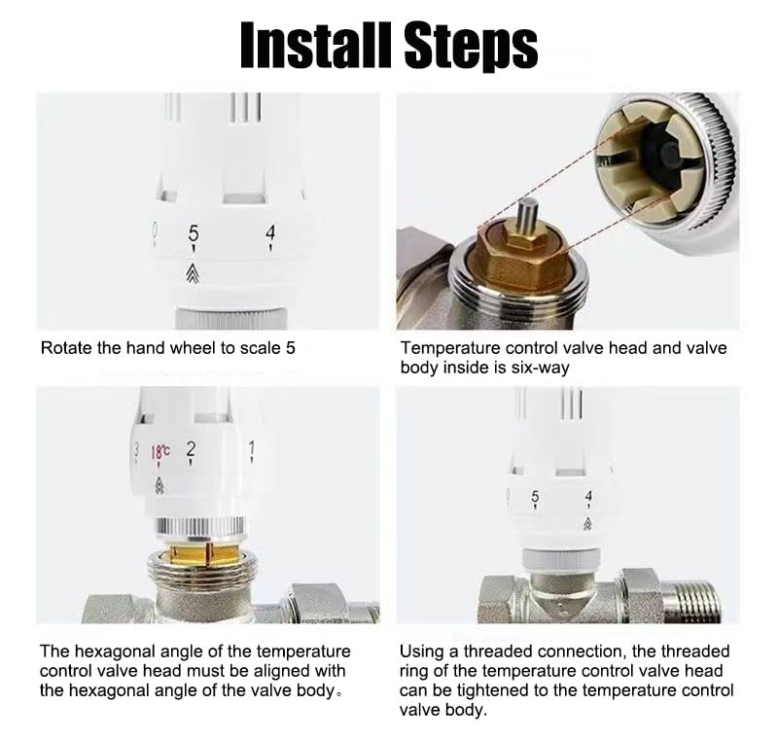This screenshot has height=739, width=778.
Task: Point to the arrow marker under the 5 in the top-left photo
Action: click(193, 273)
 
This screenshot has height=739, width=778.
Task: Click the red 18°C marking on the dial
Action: click(159, 451)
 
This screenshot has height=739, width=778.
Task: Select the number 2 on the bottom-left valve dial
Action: click(191, 449)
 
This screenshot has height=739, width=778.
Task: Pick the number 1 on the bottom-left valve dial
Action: click(252, 448)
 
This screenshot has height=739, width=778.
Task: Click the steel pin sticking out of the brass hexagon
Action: click(527, 216)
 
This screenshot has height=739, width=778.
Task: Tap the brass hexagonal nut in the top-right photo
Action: click(522, 258)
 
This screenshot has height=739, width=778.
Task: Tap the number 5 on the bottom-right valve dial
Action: click(535, 496)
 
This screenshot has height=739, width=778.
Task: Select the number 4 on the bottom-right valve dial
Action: click(588, 496)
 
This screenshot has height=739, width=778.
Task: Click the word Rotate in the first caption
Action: click(66, 348)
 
